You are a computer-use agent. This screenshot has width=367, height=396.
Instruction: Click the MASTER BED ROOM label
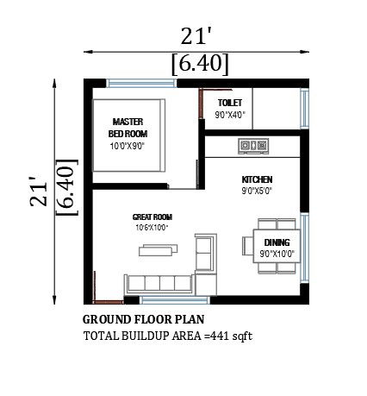tap(128, 128)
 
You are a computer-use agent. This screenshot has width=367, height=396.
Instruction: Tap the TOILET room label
tap(230, 103)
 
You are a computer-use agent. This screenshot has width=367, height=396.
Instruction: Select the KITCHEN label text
tap(257, 179)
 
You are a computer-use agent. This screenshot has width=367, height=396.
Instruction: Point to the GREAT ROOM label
tap(152, 217)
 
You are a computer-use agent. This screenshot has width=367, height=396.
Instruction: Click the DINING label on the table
tap(277, 242)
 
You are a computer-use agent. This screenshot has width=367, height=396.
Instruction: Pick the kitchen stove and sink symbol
tap(253, 146)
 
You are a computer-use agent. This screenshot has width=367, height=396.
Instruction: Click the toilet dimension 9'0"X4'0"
tap(230, 115)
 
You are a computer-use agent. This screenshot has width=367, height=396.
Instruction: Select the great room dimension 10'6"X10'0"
tap(152, 228)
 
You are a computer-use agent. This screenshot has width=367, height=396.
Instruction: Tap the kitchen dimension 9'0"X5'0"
tap(257, 191)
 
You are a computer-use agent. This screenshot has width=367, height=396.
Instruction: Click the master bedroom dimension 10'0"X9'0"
tap(128, 146)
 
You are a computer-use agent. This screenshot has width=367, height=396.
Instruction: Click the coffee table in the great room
tap(158, 250)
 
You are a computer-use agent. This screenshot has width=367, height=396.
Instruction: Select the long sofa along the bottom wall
tap(159, 284)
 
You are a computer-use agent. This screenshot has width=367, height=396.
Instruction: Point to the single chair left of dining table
tap(247, 246)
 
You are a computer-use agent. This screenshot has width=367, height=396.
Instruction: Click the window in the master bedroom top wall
tap(141, 84)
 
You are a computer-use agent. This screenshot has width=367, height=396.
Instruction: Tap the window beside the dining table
tap(305, 248)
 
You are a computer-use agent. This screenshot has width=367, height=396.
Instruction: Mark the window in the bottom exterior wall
tap(175, 300)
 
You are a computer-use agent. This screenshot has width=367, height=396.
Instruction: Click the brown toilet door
tap(201, 104)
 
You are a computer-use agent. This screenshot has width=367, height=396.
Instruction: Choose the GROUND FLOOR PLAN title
tap(144, 319)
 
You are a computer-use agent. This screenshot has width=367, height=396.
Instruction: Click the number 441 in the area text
tap(221, 336)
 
